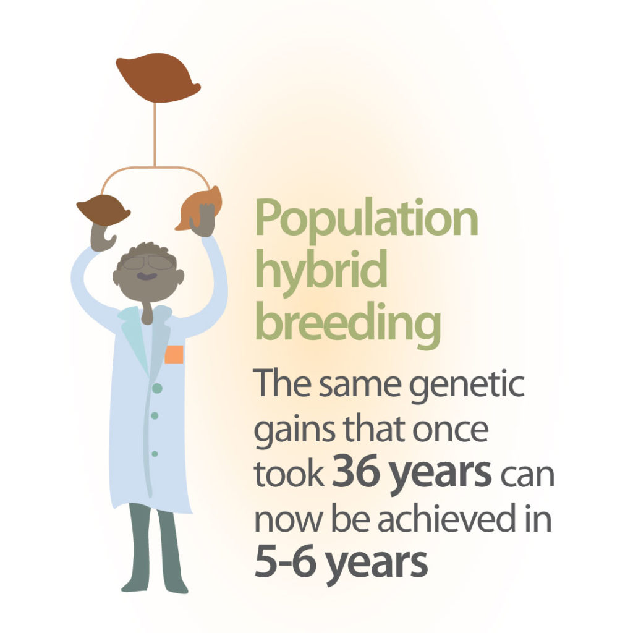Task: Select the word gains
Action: [294, 431]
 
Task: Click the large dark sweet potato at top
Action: [158, 77]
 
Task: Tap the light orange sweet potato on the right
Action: [200, 208]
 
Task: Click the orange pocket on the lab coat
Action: [174, 354]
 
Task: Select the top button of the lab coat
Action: [157, 388]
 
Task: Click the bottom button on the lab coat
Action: [155, 454]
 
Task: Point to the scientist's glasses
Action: [148, 263]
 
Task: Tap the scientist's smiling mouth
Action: [147, 276]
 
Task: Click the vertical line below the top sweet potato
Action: [155, 134]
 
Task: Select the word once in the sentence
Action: [451, 430]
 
